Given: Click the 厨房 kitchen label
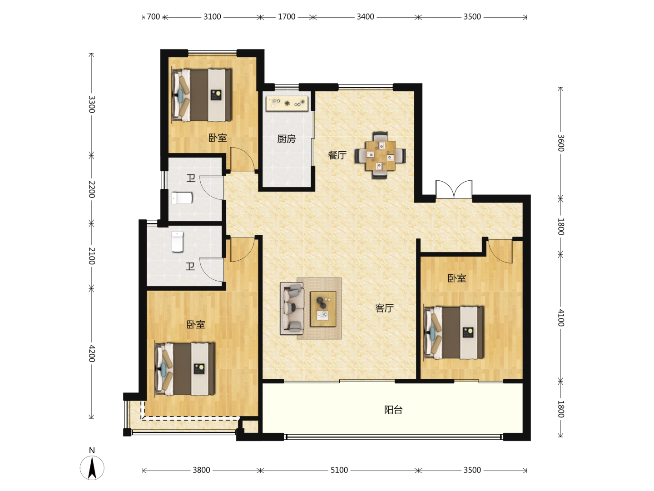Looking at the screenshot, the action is tap(286, 139).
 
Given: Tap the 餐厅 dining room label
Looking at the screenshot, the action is tap(337, 155).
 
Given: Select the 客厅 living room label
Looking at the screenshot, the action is tap(384, 308).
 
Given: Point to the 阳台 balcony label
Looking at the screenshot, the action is tap(393, 410).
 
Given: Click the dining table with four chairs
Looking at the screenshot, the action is tap(380, 155).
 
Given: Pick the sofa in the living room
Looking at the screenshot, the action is tap(292, 309).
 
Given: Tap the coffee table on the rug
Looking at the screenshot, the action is tap(323, 309).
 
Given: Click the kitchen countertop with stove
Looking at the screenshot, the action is tap(287, 104).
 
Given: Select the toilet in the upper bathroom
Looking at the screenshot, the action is tap(182, 198).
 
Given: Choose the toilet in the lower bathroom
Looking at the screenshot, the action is tap(177, 241).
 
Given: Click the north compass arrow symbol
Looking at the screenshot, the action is tap(92, 467).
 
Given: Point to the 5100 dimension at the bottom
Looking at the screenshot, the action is tap(339, 470).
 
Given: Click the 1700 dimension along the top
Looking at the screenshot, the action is tap(287, 17).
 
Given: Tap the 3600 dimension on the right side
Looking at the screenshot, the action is tap(561, 143).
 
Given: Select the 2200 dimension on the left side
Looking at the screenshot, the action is tap(92, 189).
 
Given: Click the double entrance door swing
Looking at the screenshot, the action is tap(454, 189).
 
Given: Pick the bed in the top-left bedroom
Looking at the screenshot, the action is tap(202, 95).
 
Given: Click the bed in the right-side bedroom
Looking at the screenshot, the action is tap(453, 333).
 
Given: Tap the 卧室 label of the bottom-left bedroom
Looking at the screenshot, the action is tap(196, 324).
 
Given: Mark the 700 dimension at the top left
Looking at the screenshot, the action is tap(154, 17).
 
